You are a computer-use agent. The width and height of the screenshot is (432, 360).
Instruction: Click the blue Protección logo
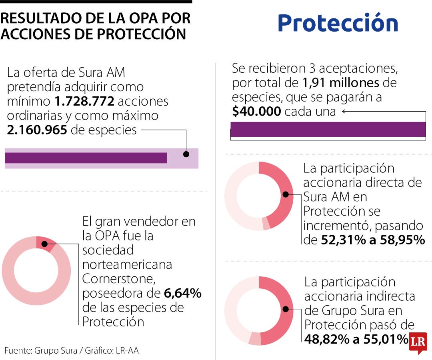(338, 23)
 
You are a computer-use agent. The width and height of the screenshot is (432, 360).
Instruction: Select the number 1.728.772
(85, 101)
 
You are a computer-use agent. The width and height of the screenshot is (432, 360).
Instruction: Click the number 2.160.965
(37, 130)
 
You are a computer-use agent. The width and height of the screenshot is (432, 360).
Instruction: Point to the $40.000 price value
(256, 112)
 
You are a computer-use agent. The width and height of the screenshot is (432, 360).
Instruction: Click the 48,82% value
(326, 339)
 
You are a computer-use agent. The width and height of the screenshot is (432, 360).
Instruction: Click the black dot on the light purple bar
(186, 154)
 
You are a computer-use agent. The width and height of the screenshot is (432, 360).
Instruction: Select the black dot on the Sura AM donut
(286, 194)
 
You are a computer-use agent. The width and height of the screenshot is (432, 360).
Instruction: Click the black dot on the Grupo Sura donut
(286, 309)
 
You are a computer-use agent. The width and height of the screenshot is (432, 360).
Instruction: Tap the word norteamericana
(127, 264)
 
